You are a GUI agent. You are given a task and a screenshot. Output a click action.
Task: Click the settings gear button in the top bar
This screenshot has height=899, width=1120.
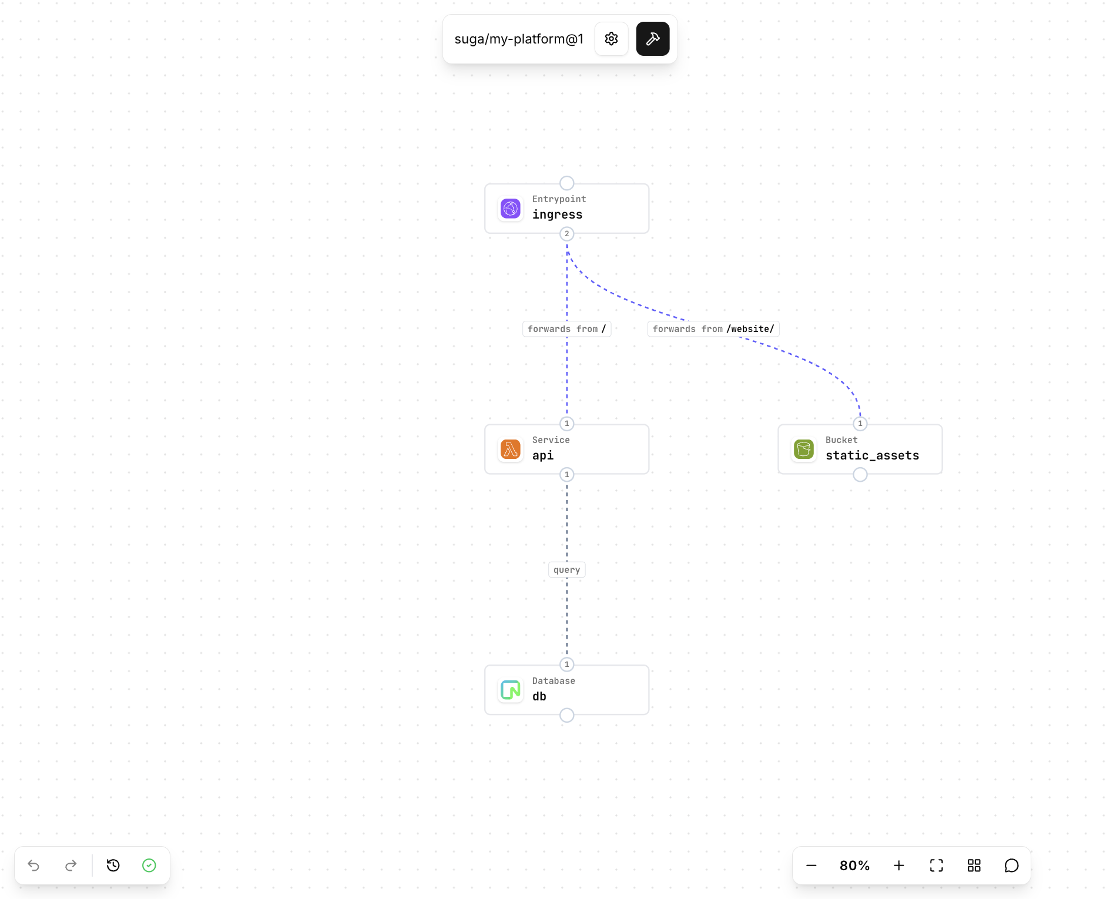coord(611,39)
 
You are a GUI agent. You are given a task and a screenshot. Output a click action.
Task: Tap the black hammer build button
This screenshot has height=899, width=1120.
coord(652,39)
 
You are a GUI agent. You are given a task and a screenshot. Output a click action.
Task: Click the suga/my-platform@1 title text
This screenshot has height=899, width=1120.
coord(519,39)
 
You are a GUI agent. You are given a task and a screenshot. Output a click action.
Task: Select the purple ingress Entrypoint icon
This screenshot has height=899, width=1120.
coord(510,209)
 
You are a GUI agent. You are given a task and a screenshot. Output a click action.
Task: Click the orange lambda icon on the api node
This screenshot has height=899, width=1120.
coord(510,449)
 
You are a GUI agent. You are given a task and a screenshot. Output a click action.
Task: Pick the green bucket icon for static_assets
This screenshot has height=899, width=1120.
coord(803,449)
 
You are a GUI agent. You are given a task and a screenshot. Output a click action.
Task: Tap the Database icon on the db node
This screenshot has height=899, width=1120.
coord(510,690)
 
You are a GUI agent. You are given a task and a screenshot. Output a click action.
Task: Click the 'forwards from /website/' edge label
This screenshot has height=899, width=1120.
coord(713,329)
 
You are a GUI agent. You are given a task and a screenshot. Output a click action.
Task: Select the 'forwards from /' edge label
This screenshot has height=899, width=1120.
coord(566,329)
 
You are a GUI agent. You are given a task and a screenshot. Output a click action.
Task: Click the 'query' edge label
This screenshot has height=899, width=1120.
coord(566,570)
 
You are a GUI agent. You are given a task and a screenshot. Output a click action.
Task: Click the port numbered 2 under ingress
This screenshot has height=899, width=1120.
coord(566,234)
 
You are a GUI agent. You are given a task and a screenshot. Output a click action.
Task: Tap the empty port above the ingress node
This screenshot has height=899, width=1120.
coord(566,183)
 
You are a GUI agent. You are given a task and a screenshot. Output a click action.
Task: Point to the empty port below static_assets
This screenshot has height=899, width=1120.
coord(860,475)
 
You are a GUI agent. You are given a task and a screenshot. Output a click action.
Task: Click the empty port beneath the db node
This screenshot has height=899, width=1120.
coord(566,715)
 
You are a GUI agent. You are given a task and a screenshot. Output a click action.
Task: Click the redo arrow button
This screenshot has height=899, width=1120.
coord(71,866)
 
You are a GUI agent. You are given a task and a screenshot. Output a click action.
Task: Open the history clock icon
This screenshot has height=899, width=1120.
coord(113,866)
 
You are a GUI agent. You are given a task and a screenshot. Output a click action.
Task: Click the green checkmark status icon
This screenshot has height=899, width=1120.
coord(149,866)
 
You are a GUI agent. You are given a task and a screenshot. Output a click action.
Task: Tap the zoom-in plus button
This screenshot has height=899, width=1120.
coord(898,866)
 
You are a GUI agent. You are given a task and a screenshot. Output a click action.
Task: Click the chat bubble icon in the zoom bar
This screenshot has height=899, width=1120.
coord(1011,866)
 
